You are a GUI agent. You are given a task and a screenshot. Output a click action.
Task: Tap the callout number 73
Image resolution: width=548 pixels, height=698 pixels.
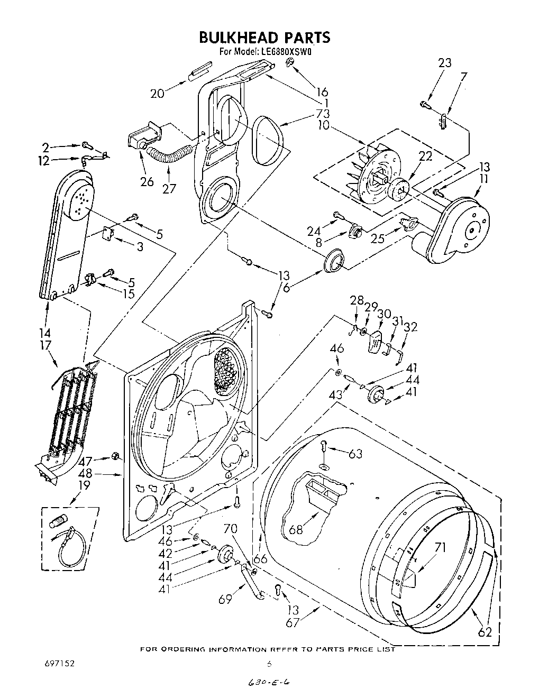tap(323, 114)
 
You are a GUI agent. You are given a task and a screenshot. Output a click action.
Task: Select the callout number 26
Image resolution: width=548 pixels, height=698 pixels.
tap(147, 182)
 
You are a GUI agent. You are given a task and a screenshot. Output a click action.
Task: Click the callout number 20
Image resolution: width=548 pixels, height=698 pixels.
tap(157, 94)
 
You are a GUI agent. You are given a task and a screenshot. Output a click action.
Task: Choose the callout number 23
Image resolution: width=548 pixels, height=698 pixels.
tap(445, 63)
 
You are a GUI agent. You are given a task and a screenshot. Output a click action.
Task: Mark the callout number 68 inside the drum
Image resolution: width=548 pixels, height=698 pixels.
tap(296, 528)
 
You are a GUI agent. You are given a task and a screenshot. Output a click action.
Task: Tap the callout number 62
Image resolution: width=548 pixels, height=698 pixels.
tap(485, 631)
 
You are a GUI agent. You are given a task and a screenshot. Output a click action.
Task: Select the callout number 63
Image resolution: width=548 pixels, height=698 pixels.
tap(355, 453)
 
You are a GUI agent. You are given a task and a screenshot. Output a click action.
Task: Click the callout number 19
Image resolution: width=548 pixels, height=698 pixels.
tap(84, 485)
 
